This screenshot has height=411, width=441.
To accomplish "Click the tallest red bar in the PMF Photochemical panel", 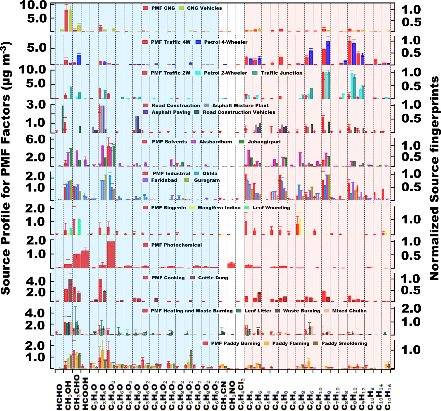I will pyautogui.click(x=111, y=255).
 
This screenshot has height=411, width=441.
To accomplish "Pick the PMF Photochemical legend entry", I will pyautogui.click(x=176, y=245).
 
